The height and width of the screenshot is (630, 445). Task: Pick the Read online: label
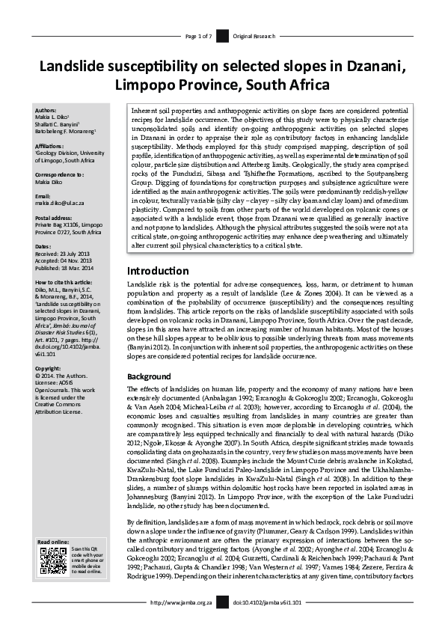pos(53,542)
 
